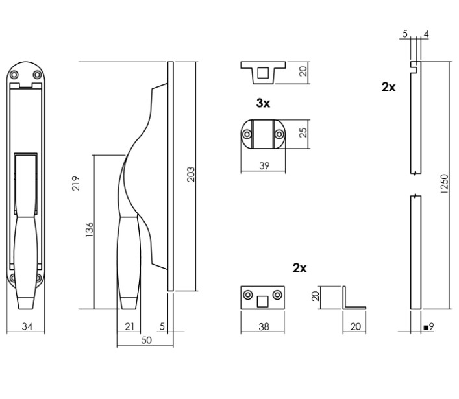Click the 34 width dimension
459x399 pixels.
point(27,326)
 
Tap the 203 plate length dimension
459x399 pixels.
point(191,174)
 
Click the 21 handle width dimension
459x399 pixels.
point(129,326)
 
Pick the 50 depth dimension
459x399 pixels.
point(145,340)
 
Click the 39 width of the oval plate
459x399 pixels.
point(264,166)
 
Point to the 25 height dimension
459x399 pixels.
point(302,134)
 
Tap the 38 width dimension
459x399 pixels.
point(264,327)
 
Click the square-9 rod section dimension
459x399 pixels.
point(428,327)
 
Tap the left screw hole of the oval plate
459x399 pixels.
point(248,134)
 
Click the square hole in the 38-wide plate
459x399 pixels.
point(264,300)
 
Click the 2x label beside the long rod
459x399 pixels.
point(388,87)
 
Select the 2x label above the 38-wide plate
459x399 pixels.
point(299,268)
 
